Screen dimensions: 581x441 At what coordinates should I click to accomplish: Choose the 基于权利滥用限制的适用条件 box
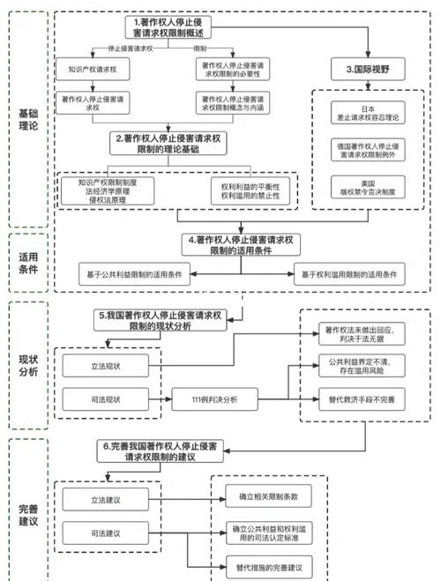(x=350, y=274)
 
